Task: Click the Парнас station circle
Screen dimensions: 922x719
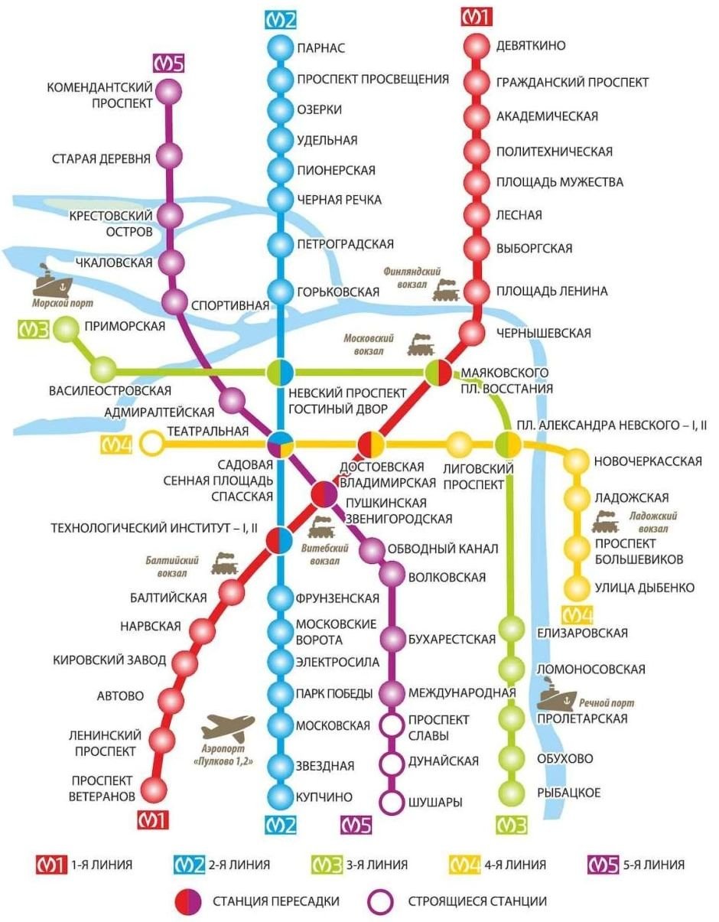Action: click(x=281, y=48)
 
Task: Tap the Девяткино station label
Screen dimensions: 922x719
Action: click(x=531, y=46)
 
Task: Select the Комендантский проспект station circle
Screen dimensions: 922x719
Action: click(x=168, y=92)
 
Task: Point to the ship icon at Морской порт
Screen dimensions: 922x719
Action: click(x=52, y=282)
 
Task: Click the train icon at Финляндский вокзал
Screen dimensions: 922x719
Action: click(x=445, y=290)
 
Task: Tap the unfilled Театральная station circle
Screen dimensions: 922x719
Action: click(x=152, y=442)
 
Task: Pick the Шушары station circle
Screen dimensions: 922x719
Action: click(x=392, y=803)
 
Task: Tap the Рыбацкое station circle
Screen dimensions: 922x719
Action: click(x=510, y=792)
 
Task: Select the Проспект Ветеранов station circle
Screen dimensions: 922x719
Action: click(x=155, y=788)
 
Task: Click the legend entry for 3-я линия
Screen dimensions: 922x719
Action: click(x=363, y=865)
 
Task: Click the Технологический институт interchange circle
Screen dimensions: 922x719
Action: click(x=279, y=540)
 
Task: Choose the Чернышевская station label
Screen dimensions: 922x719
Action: click(x=544, y=333)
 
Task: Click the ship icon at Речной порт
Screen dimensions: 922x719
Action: click(x=555, y=696)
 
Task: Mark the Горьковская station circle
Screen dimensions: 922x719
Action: click(x=281, y=292)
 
